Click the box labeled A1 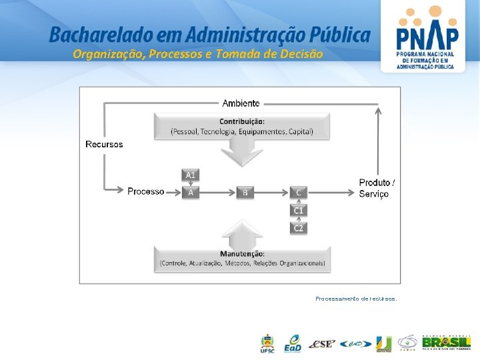click(x=191, y=175)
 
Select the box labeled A click(x=191, y=192)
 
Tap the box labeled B click(x=245, y=192)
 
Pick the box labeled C click(x=299, y=192)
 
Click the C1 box click(x=299, y=210)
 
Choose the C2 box click(x=299, y=227)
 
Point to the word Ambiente click(x=241, y=103)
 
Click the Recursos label click(x=104, y=144)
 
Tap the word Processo click(x=146, y=191)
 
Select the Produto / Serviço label click(x=377, y=188)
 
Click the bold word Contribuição click(x=242, y=121)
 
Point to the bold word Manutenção click(x=242, y=253)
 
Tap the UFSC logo click(x=267, y=343)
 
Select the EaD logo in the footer click(x=292, y=343)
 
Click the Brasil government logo click(x=446, y=343)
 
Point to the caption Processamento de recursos click(x=356, y=299)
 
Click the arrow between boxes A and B click(x=217, y=192)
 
